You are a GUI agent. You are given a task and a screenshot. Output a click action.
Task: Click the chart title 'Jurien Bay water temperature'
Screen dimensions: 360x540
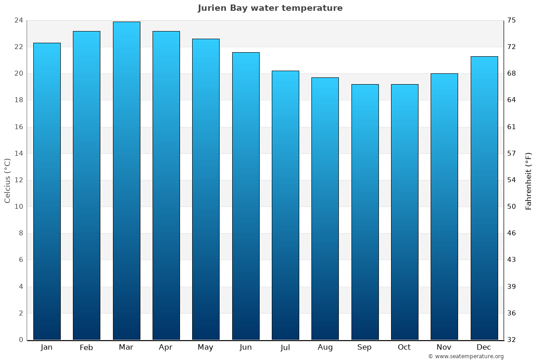(270, 8)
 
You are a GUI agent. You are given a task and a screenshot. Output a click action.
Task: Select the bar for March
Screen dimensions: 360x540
(126, 180)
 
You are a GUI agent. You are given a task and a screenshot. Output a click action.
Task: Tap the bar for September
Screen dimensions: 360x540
(365, 211)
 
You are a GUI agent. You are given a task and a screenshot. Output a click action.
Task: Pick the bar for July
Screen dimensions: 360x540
(285, 205)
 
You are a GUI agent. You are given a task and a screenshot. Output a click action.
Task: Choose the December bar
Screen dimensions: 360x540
(484, 198)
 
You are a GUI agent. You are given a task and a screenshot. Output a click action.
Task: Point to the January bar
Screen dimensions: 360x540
(47, 191)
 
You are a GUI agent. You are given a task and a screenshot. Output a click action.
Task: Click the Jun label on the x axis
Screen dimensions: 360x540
(246, 347)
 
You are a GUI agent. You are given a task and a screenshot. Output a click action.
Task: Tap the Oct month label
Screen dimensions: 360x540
(404, 347)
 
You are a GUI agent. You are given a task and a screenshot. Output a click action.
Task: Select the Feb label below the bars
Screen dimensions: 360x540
(86, 347)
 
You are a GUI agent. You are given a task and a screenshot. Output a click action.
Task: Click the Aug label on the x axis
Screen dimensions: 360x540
(325, 347)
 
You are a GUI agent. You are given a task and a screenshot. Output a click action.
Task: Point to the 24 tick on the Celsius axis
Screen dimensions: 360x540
(18, 20)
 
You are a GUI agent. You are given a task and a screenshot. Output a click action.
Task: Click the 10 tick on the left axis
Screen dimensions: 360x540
(18, 207)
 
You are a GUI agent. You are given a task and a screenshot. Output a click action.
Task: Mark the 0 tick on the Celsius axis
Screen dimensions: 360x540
(21, 340)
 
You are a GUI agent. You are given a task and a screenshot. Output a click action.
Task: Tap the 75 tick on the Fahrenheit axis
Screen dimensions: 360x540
(512, 20)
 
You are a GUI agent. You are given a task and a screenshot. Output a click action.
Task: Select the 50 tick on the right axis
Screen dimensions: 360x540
(512, 207)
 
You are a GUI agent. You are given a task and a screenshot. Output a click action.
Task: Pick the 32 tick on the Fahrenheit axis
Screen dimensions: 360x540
(512, 340)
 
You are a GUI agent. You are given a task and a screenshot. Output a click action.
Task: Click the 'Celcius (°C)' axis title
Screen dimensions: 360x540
(7, 180)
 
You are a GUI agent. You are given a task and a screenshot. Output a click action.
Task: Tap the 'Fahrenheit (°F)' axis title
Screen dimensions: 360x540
(529, 180)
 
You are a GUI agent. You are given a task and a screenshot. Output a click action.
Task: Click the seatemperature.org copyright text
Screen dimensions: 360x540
(466, 356)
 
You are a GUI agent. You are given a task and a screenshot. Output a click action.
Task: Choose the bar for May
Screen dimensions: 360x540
(206, 189)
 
